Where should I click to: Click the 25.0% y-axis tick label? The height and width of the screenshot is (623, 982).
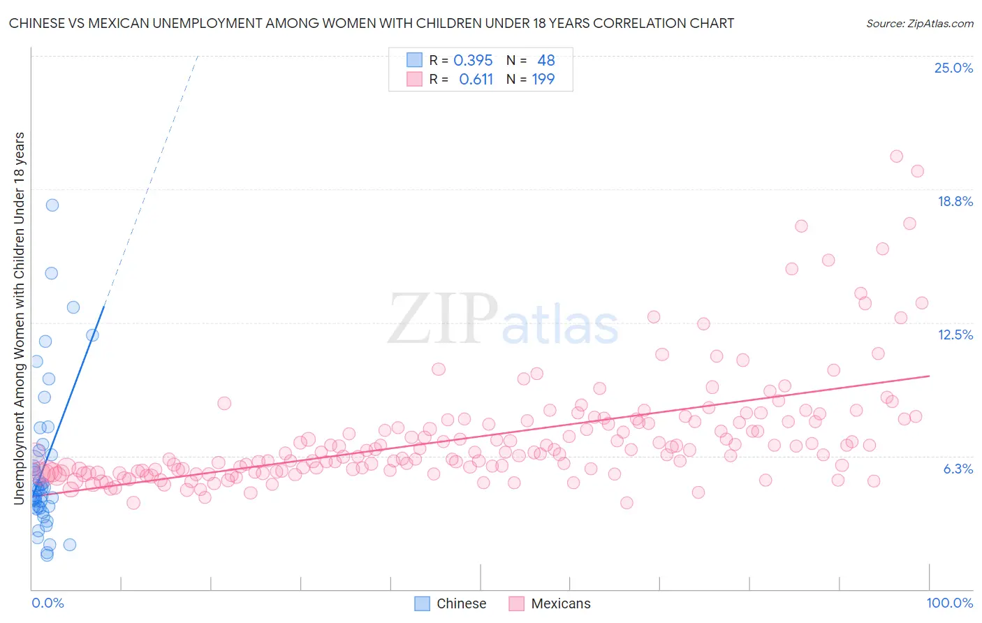[x=953, y=68]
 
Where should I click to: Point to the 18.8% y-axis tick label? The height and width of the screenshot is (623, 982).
[x=955, y=201]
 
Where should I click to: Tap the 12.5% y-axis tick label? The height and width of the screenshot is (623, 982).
[x=955, y=335]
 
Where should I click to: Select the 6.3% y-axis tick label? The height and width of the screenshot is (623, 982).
[x=958, y=469]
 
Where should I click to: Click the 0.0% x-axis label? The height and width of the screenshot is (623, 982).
[x=47, y=603]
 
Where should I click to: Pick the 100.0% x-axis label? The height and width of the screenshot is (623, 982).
[x=949, y=603]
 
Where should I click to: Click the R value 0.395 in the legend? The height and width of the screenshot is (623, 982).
[x=473, y=60]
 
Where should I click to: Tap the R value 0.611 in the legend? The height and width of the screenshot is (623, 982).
[x=476, y=79]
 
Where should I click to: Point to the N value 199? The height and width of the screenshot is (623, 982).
[x=543, y=79]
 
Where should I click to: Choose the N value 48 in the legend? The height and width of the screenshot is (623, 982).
[x=545, y=60]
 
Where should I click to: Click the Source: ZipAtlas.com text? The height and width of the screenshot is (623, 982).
[x=919, y=23]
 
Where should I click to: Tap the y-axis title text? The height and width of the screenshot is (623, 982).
[x=19, y=318]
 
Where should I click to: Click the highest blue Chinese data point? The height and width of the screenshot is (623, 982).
[x=52, y=205]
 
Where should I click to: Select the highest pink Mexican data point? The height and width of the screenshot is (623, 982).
[x=897, y=156]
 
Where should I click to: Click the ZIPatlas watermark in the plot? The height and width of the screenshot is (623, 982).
[x=503, y=319]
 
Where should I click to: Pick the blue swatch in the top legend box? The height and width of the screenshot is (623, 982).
[x=415, y=60]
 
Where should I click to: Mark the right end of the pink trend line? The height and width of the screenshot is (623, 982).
[x=929, y=376]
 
